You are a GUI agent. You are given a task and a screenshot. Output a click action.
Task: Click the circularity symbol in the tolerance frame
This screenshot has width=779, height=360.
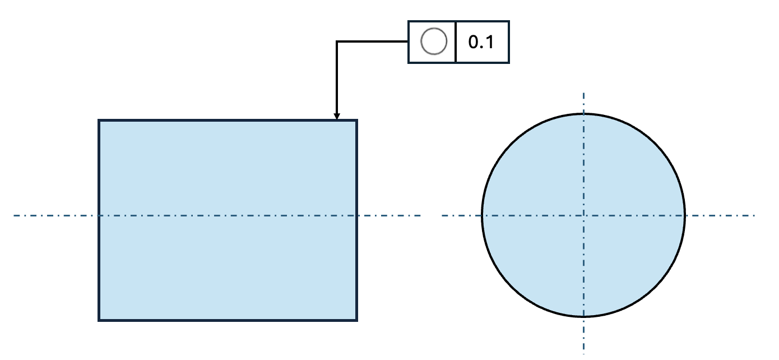click(x=434, y=41)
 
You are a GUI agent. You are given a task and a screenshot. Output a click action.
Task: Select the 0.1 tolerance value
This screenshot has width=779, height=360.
click(x=481, y=42)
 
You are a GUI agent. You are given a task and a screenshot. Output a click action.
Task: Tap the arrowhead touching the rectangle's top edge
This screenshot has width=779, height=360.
click(x=337, y=117)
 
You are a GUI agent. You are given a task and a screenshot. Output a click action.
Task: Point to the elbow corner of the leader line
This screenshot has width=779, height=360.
click(x=337, y=41)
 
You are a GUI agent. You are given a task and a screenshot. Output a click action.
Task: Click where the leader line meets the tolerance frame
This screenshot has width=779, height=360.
click(x=409, y=41)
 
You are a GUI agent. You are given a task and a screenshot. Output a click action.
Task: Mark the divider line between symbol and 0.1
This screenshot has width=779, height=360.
click(x=456, y=41)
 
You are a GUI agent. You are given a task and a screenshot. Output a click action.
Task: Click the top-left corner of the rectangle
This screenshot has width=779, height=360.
click(x=99, y=121)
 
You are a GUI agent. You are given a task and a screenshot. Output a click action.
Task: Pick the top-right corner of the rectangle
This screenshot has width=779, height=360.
click(x=356, y=121)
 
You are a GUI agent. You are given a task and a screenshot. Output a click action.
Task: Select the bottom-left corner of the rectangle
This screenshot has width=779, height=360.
click(x=99, y=320)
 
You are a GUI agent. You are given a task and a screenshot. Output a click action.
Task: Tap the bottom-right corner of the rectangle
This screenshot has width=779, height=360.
click(x=356, y=320)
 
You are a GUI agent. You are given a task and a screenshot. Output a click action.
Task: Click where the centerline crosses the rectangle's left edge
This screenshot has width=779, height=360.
click(x=99, y=215)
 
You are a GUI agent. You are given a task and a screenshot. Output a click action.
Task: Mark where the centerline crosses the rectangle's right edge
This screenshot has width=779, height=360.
click(x=356, y=215)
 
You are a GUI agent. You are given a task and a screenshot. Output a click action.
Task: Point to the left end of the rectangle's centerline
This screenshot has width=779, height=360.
click(x=14, y=215)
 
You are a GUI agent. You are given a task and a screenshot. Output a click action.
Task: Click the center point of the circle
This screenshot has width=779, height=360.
click(x=583, y=215)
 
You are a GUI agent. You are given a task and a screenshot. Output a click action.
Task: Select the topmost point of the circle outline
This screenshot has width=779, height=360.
click(x=583, y=114)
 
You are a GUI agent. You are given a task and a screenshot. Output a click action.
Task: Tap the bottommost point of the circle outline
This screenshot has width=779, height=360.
click(x=583, y=317)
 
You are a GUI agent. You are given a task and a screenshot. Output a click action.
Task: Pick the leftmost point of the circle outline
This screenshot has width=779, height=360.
click(x=482, y=215)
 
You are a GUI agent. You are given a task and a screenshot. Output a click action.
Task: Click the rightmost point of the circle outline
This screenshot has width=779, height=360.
click(x=685, y=215)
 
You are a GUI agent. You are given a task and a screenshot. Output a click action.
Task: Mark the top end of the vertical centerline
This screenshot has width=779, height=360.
click(x=583, y=94)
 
